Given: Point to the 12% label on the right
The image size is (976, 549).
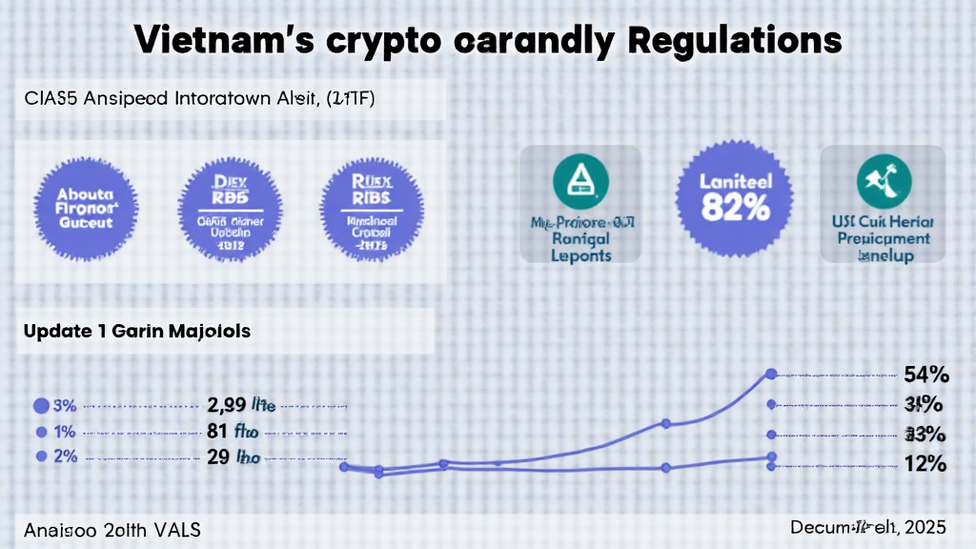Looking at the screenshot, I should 925,465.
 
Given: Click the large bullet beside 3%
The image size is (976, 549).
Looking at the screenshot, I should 41,405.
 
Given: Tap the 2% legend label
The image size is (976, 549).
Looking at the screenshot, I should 67,456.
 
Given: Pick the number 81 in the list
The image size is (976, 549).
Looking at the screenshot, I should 217,430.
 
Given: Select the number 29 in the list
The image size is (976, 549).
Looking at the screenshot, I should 217,456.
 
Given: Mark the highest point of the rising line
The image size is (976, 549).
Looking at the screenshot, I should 770,374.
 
